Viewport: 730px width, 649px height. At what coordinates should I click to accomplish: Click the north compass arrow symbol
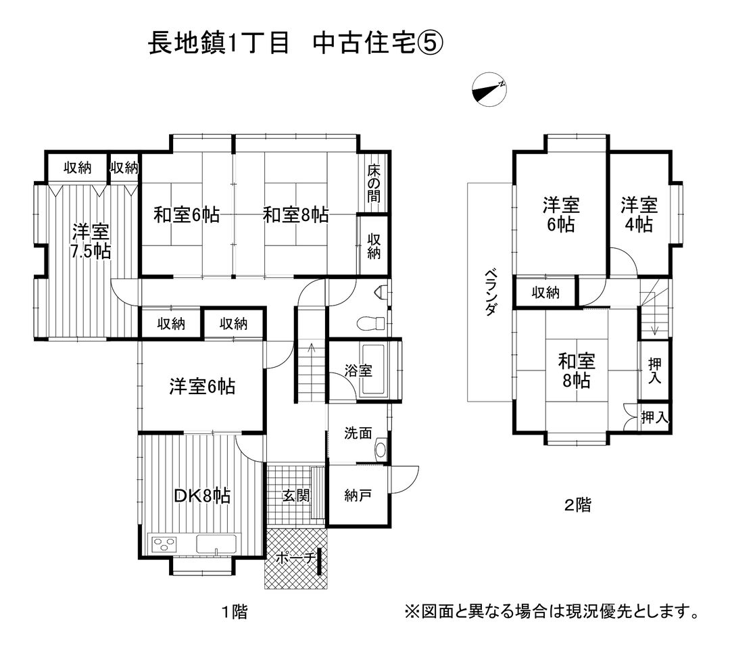[x=488, y=90]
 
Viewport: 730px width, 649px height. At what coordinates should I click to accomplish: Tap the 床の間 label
[x=374, y=184]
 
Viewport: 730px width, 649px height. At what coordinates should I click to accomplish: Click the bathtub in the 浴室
[x=379, y=370]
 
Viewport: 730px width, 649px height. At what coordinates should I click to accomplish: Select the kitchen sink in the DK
[x=216, y=544]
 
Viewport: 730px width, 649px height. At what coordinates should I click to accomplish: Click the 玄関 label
[x=295, y=496]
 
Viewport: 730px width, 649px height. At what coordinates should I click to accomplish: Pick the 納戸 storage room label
[x=358, y=496]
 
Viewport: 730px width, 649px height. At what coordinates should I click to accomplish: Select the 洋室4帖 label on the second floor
[x=639, y=214]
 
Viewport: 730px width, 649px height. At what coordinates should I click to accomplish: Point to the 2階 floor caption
[x=578, y=504]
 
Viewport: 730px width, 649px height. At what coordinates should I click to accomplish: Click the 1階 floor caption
[x=234, y=612]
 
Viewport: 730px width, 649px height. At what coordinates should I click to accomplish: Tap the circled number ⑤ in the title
[x=429, y=44]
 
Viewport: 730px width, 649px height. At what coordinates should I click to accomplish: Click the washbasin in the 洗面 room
[x=381, y=448]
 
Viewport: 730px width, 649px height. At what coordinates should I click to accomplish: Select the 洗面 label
[x=358, y=433]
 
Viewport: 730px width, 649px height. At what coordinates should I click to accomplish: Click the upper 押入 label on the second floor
[x=654, y=371]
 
